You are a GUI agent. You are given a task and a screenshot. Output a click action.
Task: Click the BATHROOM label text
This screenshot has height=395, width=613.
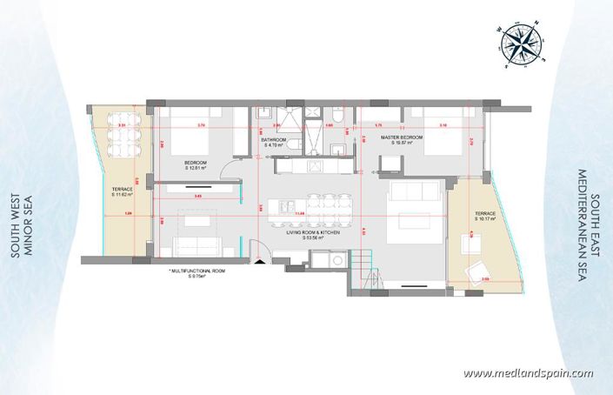point(277,142)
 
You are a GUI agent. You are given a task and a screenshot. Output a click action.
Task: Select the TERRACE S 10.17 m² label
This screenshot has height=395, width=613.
point(484,217)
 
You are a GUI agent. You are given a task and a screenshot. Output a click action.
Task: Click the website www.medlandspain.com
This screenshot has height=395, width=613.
point(528,373)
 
